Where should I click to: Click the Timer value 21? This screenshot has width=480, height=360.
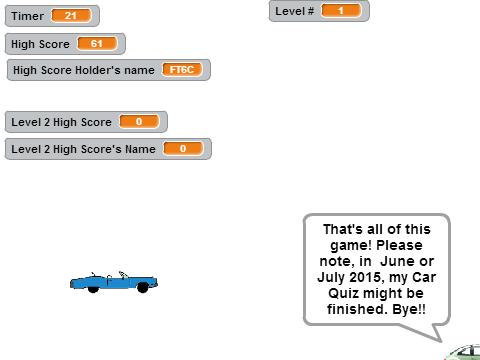pyautogui.click(x=71, y=15)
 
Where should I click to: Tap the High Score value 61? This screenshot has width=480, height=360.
pyautogui.click(x=97, y=43)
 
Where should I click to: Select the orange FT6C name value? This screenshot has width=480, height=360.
pyautogui.click(x=182, y=70)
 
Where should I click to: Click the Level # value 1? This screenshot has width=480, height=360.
pyautogui.click(x=341, y=10)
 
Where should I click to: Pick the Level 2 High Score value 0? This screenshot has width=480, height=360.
pyautogui.click(x=139, y=122)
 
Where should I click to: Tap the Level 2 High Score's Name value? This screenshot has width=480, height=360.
pyautogui.click(x=183, y=149)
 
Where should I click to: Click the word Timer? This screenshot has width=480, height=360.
pyautogui.click(x=27, y=16)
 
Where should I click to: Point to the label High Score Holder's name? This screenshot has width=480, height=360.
pyautogui.click(x=84, y=70)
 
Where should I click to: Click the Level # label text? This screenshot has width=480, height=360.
pyautogui.click(x=295, y=11)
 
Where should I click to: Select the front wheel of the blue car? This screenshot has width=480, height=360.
pyautogui.click(x=143, y=287)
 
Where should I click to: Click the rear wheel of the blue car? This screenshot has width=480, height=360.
pyautogui.click(x=93, y=289)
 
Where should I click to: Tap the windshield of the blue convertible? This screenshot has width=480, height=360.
pyautogui.click(x=123, y=275)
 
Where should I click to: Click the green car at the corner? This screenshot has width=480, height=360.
pyautogui.click(x=463, y=352)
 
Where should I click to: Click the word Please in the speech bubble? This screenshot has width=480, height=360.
pyautogui.click(x=399, y=245)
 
